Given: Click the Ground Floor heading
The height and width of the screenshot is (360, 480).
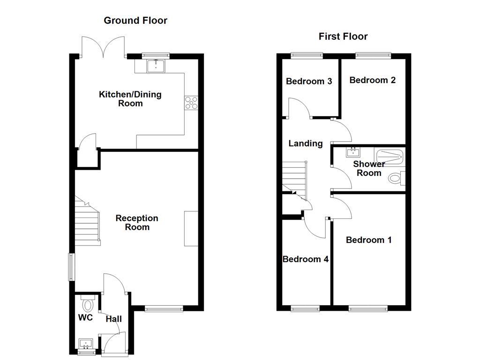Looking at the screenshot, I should point(135,20).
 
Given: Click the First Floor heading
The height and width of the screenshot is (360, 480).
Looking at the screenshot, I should point(343,36).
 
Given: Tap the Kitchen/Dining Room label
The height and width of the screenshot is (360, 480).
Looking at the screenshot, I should point(130,99).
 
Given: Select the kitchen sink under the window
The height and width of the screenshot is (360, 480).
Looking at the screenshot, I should point(156,67).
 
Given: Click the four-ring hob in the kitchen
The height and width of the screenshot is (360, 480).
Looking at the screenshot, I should point(191,102).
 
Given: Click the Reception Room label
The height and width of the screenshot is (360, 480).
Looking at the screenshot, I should point(137,223).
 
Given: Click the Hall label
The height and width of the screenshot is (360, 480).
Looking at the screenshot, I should point(113,319).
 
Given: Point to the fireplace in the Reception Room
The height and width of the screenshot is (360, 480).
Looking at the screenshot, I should point(191,228).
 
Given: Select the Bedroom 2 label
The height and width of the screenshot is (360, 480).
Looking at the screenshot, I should point(372,80).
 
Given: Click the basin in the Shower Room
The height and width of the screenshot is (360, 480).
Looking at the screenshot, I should point(352,152).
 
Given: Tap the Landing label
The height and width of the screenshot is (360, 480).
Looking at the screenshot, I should point(305,143).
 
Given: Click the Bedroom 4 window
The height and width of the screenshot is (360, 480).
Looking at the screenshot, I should point(305,308).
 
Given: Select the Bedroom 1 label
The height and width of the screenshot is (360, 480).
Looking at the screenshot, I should point(368,240).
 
